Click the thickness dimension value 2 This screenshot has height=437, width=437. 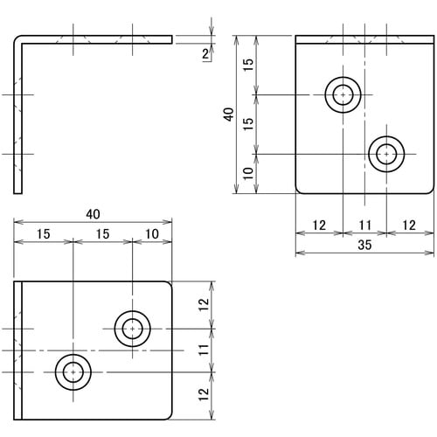(205, 54)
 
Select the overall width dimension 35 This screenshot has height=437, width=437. (364, 246)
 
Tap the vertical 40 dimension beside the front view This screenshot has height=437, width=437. (229, 114)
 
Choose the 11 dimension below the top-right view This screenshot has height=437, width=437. (364, 225)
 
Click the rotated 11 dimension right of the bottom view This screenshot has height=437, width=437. (203, 350)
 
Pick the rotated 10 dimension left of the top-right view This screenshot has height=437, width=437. (248, 174)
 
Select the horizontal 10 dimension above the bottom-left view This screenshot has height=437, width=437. (152, 233)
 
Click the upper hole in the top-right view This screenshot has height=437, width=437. (343, 94)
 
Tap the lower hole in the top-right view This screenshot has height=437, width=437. (386, 154)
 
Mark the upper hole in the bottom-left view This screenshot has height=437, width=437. (133, 329)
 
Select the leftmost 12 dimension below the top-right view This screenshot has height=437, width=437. (318, 225)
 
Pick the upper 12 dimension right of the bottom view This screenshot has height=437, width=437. (203, 305)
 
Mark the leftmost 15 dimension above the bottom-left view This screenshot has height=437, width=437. (43, 233)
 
